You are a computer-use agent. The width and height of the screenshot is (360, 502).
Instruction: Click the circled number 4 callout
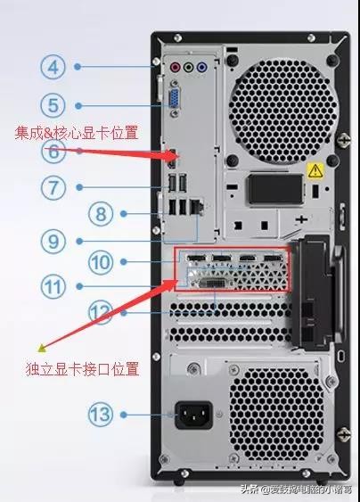(53, 66)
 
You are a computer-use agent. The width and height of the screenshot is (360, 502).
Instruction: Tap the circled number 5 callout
(53, 104)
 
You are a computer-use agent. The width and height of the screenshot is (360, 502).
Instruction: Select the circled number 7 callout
(53, 187)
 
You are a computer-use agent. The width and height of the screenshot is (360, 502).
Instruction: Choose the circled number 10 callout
(102, 262)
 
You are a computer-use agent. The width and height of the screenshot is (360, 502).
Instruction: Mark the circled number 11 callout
(53, 287)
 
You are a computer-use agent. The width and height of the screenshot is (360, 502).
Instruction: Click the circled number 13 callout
(101, 414)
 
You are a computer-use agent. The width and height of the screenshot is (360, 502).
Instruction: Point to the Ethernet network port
(198, 204)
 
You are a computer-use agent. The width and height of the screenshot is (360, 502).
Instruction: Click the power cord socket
(197, 414)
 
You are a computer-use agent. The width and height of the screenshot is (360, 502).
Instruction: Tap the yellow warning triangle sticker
(314, 169)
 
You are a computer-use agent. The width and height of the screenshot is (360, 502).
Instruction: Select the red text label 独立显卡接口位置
(83, 368)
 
